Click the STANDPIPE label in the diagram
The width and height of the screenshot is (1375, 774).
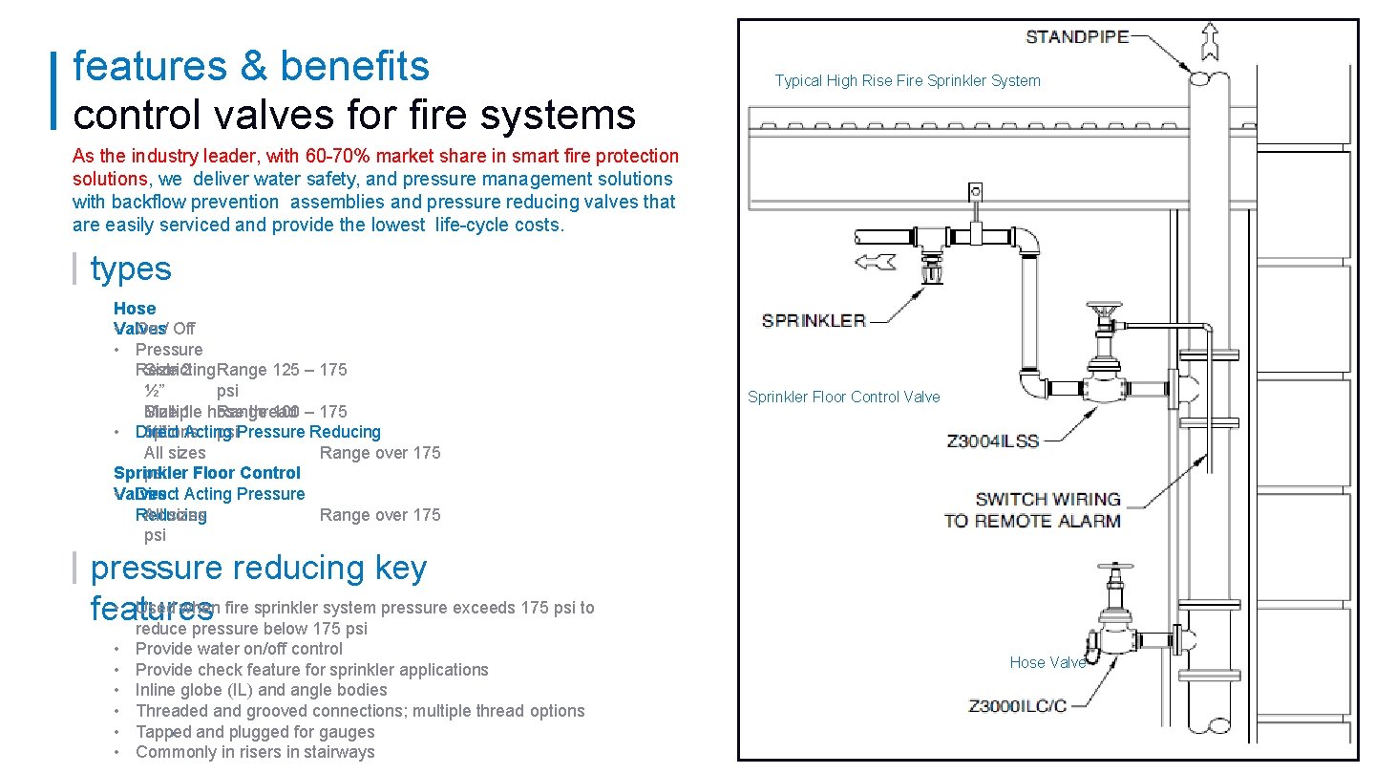click(1076, 37)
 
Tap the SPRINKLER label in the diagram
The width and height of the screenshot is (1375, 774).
click(814, 320)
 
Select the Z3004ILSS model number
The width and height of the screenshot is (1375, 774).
click(992, 441)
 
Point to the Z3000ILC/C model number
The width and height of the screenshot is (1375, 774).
click(1017, 706)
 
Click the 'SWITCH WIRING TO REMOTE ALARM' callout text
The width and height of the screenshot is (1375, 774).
click(1033, 510)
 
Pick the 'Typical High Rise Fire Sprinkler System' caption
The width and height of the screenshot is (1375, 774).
click(907, 81)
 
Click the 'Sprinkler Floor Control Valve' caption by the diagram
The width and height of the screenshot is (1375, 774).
click(843, 397)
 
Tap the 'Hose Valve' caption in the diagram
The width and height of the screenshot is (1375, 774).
click(1047, 662)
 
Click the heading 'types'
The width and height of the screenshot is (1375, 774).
click(131, 269)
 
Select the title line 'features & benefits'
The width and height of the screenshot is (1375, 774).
click(251, 67)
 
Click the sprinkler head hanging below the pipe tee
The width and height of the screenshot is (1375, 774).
click(930, 272)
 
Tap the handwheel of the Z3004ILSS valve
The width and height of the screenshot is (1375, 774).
click(1103, 311)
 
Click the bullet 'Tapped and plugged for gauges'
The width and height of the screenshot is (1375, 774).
click(255, 732)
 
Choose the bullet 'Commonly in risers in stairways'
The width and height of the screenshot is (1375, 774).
click(255, 752)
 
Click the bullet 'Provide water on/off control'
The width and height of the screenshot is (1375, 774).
click(239, 649)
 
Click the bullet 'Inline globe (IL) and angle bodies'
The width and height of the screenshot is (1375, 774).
click(261, 690)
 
